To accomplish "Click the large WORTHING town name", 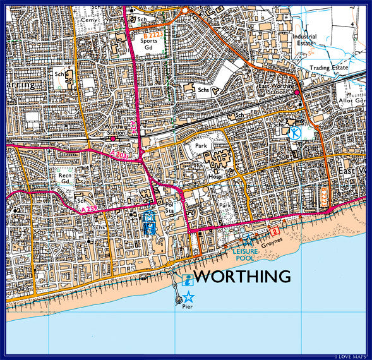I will click(242, 277).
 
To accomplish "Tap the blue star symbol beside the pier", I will click(188, 297).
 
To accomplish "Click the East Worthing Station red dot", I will click(296, 93).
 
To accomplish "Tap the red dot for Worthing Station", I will click(113, 138).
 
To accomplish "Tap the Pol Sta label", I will click(169, 208).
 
